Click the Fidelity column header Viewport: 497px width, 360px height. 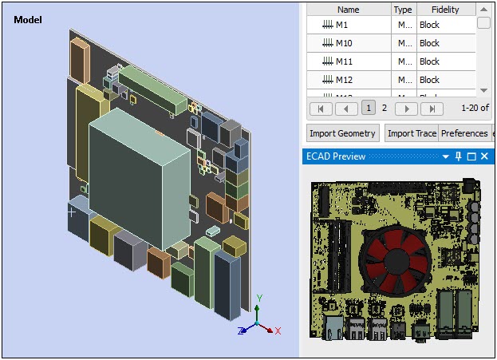(445, 10)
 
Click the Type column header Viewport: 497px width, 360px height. (403, 10)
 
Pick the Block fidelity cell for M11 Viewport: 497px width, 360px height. (430, 61)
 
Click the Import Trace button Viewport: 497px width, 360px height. (412, 133)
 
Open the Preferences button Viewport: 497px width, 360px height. (464, 133)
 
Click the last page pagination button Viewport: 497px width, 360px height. (431, 108)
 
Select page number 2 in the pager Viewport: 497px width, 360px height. (384, 108)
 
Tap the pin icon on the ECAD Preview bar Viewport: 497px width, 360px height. (458, 156)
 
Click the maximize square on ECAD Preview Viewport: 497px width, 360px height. (471, 156)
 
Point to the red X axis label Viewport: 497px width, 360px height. (278, 330)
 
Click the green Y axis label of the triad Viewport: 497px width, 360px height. (260, 298)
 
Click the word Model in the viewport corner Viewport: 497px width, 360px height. (28, 19)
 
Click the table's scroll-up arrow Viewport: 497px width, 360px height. (483, 10)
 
